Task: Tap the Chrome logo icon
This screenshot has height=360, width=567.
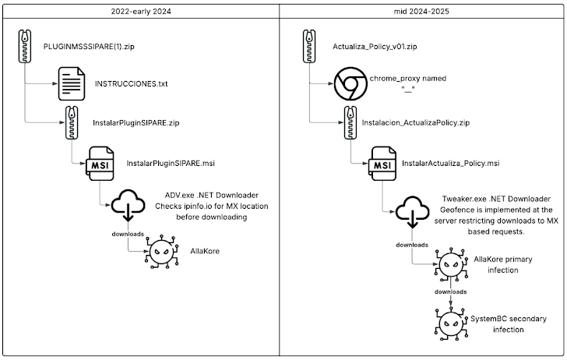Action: tap(350, 85)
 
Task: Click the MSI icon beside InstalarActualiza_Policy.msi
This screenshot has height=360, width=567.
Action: tap(381, 164)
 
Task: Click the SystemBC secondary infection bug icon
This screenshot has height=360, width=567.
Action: tap(449, 322)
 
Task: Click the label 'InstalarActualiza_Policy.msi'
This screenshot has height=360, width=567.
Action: tap(450, 164)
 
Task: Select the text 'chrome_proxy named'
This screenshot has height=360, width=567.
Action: tap(407, 79)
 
